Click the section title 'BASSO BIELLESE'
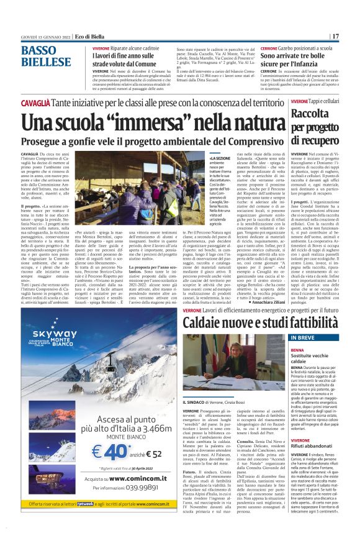tap(46, 57)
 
